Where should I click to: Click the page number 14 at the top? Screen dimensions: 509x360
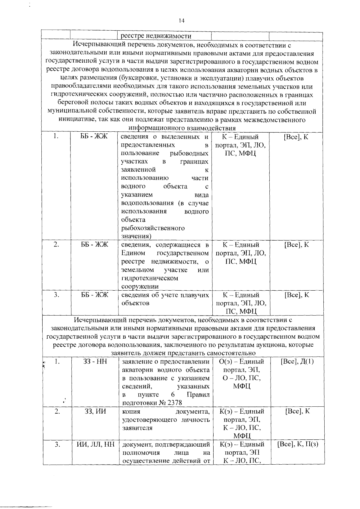(181, 20)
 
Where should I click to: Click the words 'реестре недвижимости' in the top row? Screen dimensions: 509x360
(156, 36)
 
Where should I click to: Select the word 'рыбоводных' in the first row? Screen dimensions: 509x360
(189, 154)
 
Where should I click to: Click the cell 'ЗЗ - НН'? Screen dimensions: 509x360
(95, 362)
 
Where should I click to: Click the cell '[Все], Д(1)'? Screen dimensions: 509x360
(297, 362)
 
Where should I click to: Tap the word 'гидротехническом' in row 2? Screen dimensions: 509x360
(150, 278)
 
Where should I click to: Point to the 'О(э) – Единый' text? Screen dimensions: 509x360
(242, 362)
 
